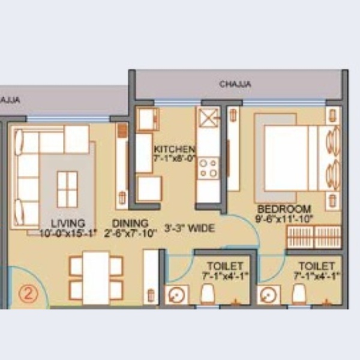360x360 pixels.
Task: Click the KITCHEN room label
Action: pos(175,149)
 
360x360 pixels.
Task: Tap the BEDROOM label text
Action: pos(284,209)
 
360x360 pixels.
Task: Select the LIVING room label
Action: pos(68,223)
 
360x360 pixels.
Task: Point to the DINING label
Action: pos(130,223)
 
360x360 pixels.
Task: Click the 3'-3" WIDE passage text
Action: pos(190,228)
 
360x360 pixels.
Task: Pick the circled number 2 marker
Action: pos(28,293)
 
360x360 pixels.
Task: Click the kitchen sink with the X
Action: pos(208,118)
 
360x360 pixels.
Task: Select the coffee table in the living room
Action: pos(67,189)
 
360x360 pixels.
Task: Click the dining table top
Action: pos(96,278)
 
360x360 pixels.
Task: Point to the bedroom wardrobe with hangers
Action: pos(314,237)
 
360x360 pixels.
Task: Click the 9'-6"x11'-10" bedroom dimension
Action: pos(284,218)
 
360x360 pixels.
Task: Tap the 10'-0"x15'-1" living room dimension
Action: pos(68,233)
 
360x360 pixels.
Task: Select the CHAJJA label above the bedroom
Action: pos(235,84)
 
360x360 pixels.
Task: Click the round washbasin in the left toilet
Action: pos(176,295)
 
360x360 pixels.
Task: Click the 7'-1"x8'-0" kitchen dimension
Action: pos(175,158)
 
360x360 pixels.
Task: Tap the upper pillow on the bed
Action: pos(334,140)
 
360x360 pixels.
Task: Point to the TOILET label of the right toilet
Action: pos(316,266)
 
